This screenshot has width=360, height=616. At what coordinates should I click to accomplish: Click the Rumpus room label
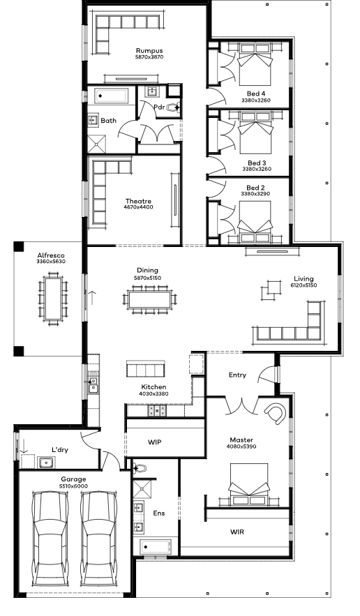point(149,51)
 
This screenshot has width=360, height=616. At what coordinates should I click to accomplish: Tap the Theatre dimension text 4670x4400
point(138,207)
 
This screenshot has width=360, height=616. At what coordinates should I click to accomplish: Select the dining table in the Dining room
point(149,300)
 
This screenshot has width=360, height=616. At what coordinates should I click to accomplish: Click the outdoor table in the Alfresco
point(53,299)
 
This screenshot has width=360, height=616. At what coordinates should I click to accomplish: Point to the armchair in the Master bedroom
point(276,413)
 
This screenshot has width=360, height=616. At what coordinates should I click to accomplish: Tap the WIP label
point(154,442)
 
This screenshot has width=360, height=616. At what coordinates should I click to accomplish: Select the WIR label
point(237,532)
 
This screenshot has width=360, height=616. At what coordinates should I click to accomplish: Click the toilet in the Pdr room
point(173,107)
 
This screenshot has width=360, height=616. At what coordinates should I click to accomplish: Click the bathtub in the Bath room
point(112,96)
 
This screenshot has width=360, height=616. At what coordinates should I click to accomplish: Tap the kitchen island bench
point(144,368)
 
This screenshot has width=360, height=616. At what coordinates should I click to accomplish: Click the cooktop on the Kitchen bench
point(156,411)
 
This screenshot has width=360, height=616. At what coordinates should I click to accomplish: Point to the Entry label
point(237,375)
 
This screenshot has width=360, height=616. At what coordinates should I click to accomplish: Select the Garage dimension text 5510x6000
point(73,486)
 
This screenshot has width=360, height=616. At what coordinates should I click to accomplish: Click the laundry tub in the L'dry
point(47,463)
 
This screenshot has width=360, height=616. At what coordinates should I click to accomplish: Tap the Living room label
point(303,279)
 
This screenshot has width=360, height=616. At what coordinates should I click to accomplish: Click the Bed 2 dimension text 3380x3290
point(255,194)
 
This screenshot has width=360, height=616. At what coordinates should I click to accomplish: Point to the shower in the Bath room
point(97,144)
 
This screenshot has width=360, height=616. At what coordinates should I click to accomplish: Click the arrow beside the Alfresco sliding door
point(92,298)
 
